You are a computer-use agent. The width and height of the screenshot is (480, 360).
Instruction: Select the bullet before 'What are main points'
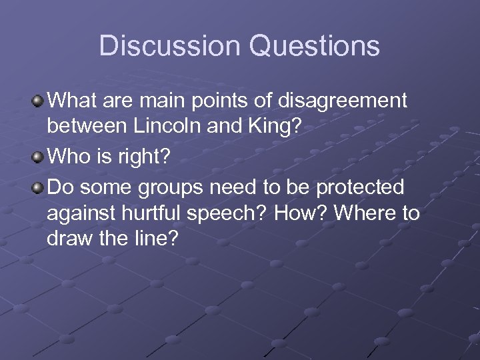click(x=38, y=102)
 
